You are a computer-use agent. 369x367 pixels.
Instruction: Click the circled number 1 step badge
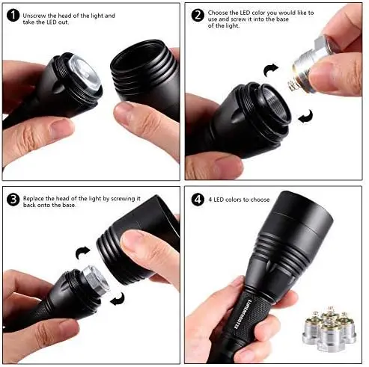tap(12, 15)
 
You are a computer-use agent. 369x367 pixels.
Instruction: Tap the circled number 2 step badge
tap(198, 15)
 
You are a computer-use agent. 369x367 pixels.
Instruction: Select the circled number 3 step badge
tap(12, 200)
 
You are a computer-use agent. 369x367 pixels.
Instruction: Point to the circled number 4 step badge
tap(198, 200)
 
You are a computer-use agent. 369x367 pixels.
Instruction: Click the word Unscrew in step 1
tap(36, 16)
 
